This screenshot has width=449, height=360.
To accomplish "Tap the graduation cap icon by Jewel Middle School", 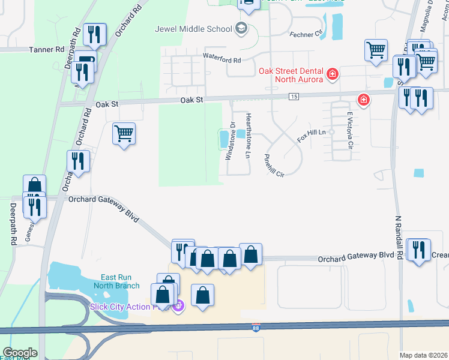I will (241, 28).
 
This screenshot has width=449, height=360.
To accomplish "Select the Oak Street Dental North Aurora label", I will (291, 75).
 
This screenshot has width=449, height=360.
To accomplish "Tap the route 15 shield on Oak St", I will (294, 97).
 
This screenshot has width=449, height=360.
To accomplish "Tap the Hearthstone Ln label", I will (248, 135).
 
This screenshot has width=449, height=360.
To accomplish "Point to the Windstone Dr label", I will (229, 141).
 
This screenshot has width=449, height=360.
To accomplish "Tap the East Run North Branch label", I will (116, 281).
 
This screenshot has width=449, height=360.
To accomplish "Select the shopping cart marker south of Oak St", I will (124, 133).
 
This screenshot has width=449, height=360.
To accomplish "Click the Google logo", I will (20, 353).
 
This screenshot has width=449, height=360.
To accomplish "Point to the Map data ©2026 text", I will (423, 355).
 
